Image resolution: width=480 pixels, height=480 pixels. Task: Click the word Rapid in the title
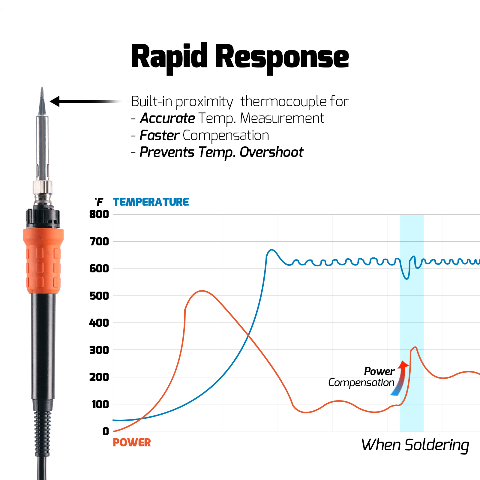point(169,57)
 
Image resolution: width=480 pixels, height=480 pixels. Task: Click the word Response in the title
point(282,57)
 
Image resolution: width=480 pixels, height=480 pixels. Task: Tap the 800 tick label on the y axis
point(99,214)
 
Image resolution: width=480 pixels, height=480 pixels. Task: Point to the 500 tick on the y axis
point(99,296)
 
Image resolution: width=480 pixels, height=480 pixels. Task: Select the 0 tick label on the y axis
point(105,431)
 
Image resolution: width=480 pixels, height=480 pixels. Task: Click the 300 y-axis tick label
point(99,350)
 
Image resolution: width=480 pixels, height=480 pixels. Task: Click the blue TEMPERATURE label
point(151,202)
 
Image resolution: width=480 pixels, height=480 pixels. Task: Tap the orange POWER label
point(132,442)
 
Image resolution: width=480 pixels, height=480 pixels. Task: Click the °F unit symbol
point(99,202)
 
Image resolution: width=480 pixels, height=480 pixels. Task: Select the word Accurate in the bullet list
point(167,118)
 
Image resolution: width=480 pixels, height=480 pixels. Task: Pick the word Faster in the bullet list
point(160,135)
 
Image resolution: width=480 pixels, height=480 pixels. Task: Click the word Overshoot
point(271,152)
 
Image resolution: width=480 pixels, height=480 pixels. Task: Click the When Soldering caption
point(415,445)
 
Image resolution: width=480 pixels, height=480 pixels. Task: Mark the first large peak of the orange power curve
point(202,291)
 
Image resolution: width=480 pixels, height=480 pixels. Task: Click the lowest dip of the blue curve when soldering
point(406,279)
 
